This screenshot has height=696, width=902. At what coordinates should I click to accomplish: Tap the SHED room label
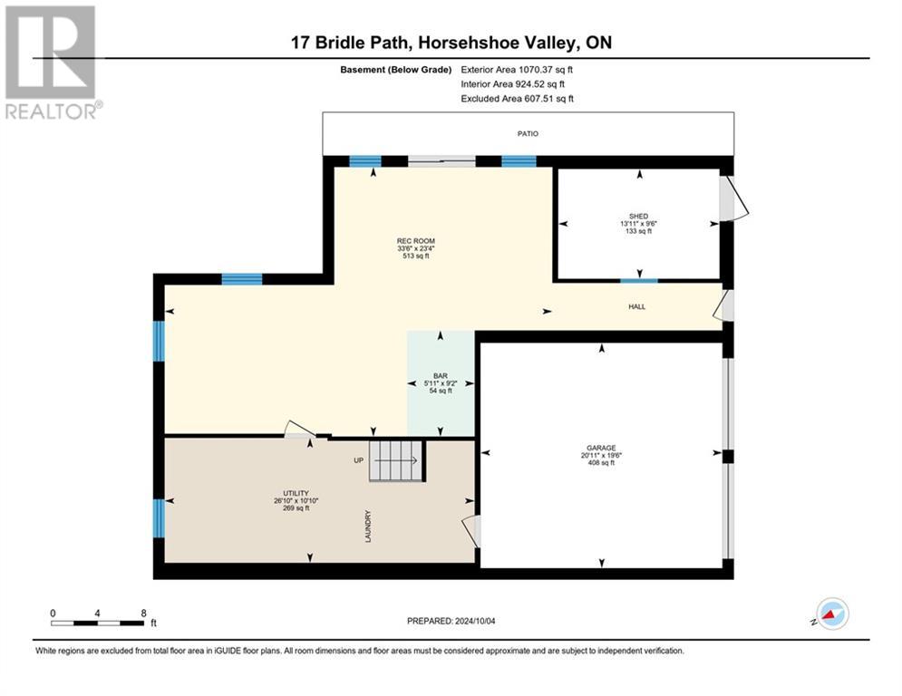click(x=639, y=216)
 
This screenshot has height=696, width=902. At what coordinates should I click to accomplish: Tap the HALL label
click(x=637, y=307)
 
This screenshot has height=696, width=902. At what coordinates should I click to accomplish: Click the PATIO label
click(x=528, y=133)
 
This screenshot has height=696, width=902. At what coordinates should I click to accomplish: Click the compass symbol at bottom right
click(x=831, y=614)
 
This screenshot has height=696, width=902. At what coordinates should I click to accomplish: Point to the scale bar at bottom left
click(x=98, y=622)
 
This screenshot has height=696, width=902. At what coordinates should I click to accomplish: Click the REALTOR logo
click(x=51, y=63)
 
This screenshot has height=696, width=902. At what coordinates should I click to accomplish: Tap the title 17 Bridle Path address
click(x=451, y=43)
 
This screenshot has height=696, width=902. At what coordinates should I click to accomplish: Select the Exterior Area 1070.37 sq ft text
click(x=517, y=69)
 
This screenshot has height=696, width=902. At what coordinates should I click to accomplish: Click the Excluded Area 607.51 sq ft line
click(x=517, y=99)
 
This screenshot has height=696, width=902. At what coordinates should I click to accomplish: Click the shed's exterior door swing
click(x=734, y=199)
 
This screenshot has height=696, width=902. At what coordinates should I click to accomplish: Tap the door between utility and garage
click(x=471, y=531)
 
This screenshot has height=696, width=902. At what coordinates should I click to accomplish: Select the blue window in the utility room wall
click(x=159, y=517)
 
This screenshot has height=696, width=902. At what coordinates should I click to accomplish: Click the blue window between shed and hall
click(x=639, y=280)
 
